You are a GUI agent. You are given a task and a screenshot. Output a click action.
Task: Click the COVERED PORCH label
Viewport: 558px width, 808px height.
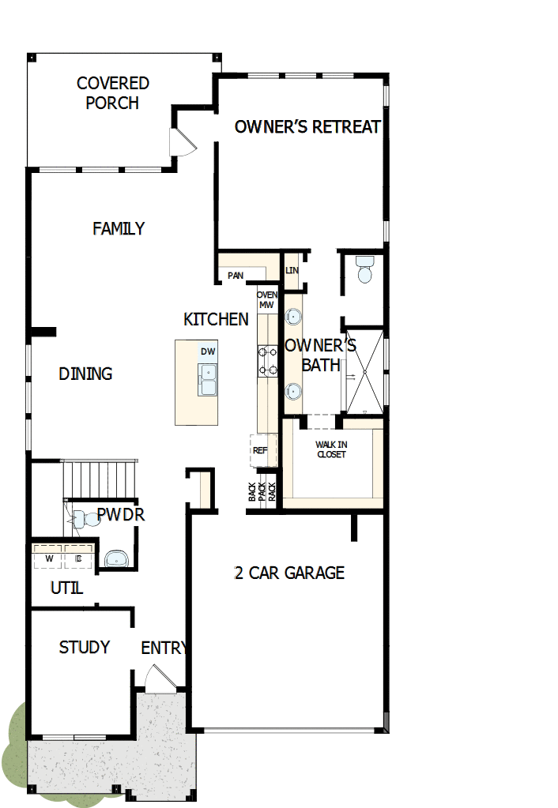(113, 93)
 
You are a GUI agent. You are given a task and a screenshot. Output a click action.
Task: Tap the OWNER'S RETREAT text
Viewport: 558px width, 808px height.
(307, 127)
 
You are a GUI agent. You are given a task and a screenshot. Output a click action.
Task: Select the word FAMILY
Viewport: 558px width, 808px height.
(119, 229)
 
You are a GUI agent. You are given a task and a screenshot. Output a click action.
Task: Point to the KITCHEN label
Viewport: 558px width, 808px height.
(216, 320)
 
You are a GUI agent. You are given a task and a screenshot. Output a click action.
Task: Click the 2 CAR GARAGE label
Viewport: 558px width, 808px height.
(289, 573)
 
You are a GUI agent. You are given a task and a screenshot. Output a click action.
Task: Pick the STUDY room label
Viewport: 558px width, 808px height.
(85, 648)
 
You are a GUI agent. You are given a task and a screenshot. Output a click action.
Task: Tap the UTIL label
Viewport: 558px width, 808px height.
(67, 588)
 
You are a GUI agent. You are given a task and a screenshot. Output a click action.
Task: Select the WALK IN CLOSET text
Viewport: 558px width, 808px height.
(331, 449)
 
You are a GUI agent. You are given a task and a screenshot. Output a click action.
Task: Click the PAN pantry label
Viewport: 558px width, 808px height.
(235, 276)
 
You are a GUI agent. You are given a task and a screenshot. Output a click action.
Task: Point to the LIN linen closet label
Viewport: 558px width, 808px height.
(292, 270)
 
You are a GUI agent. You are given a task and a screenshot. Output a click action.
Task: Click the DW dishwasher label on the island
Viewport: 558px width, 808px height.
(208, 351)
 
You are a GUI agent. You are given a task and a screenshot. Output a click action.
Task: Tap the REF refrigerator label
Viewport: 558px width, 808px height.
(260, 451)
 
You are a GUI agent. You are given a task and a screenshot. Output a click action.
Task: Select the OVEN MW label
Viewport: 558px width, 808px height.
(266, 299)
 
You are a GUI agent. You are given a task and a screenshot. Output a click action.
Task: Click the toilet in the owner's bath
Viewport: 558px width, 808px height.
(364, 269)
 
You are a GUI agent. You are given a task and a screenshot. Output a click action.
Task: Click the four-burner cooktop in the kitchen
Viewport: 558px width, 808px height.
(267, 360)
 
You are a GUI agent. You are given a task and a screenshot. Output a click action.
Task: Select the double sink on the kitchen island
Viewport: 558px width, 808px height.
(208, 380)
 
